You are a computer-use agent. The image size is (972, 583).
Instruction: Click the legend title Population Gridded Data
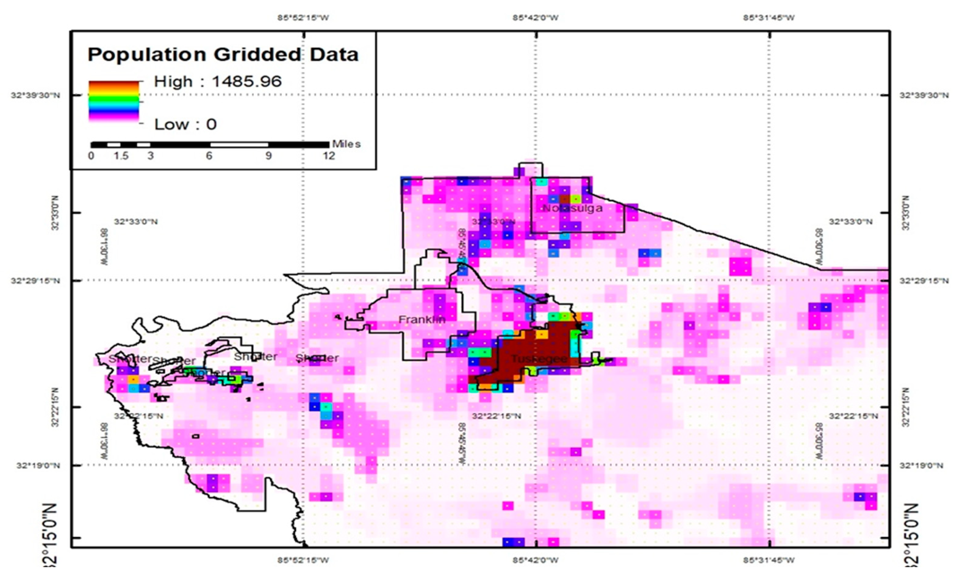point(223,55)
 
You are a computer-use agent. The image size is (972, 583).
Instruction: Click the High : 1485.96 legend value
point(218,82)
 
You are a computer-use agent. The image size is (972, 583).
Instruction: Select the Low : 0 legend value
point(185,124)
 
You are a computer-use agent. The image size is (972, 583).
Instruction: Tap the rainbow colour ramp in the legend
point(113,101)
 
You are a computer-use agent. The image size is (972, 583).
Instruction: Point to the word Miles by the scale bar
point(346,144)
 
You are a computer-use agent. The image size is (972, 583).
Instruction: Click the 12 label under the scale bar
point(329,156)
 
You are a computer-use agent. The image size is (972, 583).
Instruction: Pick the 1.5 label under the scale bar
point(121,156)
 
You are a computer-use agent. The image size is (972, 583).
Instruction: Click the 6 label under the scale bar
point(209,156)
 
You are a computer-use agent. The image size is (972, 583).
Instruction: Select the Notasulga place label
point(572,208)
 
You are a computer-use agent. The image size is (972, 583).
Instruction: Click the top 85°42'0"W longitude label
point(535,18)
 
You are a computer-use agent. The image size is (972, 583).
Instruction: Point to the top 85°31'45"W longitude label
point(769,18)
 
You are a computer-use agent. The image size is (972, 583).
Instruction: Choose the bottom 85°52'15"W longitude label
point(303,560)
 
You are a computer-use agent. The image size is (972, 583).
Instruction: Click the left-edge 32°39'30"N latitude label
point(35,95)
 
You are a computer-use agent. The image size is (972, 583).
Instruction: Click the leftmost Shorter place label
point(130,358)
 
